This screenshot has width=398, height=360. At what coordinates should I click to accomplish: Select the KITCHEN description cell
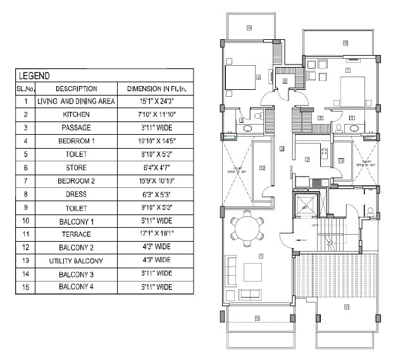76,115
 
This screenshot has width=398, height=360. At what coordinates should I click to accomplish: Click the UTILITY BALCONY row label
76,260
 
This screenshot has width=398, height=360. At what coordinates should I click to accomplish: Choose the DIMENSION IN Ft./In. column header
155,89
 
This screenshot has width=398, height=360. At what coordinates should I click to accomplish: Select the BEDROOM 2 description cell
76,181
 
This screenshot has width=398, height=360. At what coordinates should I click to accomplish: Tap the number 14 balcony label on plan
249,28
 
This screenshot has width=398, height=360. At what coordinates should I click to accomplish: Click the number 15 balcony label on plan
345,43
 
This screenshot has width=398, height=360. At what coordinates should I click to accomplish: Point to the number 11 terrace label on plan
346,307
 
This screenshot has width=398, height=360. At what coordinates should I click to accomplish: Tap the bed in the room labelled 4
241,78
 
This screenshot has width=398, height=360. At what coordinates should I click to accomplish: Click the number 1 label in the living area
260,256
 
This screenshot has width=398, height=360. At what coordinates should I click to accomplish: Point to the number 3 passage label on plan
282,149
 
